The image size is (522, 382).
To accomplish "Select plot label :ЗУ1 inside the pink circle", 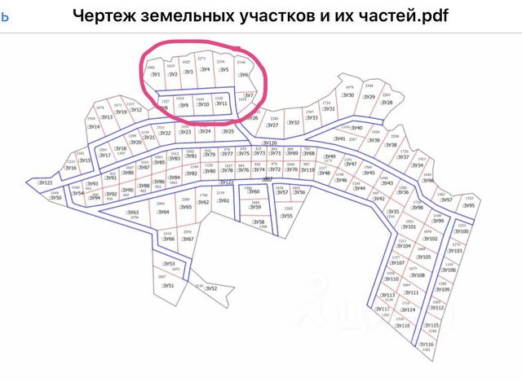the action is point(155,74).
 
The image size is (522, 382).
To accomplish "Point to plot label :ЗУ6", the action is point(243,76).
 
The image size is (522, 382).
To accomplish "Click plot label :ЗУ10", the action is point(203,105).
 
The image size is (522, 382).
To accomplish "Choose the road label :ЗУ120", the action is point(270,143).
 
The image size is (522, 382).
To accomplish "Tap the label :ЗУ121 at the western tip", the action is point(45,184).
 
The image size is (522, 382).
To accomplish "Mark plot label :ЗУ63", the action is point(134,213).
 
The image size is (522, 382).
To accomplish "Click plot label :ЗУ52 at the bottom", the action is point(210,289).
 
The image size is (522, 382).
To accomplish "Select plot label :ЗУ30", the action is point(347,95).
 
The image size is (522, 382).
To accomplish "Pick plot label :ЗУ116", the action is point(426,345).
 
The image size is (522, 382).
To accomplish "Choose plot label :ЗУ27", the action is point(272,125).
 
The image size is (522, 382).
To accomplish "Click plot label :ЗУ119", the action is point(307,170).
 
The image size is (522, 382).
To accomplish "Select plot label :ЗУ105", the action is point(424,257).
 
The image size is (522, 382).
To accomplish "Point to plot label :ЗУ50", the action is point(55,198).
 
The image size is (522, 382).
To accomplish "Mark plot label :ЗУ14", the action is point(95,128).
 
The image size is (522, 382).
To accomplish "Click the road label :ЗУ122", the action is point(227,182).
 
